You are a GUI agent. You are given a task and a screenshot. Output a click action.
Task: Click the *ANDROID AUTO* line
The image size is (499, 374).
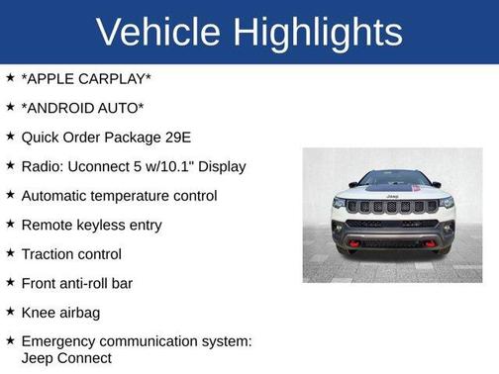[83, 107]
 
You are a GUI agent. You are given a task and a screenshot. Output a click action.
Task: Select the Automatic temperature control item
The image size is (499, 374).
[119, 195]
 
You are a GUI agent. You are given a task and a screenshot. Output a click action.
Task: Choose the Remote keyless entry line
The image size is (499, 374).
[91, 225]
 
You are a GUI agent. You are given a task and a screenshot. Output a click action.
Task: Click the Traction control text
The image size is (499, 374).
[71, 253]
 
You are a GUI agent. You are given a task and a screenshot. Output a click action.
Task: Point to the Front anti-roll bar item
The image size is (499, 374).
[76, 283]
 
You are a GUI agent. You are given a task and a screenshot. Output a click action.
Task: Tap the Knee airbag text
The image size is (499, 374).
[61, 312]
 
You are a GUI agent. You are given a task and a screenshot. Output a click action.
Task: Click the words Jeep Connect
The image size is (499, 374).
[66, 357]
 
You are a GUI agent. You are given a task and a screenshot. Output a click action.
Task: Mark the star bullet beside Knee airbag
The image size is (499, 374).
[10, 312]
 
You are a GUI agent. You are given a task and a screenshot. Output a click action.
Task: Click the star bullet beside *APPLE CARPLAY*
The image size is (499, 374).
[10, 77]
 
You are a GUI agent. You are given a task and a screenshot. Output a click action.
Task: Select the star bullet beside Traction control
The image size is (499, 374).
[10, 253]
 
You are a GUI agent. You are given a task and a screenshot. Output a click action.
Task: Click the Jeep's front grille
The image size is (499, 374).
[392, 207]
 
